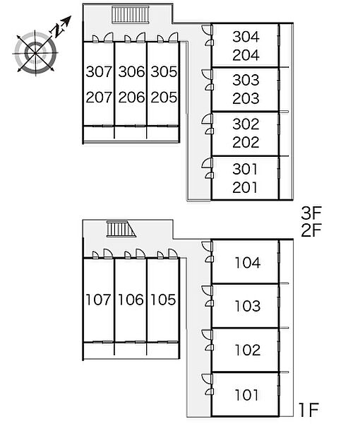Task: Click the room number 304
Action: pos(246,37)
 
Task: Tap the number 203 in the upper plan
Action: pos(246,98)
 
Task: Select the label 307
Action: pos(99,71)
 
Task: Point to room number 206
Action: pos(131,98)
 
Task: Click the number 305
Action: pos(164,71)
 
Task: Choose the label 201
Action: pos(245,187)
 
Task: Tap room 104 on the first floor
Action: pos(248,263)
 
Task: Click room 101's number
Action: pos(246,395)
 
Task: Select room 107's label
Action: pos(98,300)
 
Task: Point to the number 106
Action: pos(131,300)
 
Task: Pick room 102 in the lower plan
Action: pos(248,351)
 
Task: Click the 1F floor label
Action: pos(309,410)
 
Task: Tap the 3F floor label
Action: pos(311,213)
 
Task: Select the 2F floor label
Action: pos(311,230)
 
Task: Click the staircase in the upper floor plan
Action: pos(131,15)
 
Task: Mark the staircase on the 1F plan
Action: pos(121,229)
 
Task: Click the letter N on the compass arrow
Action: pos(57,30)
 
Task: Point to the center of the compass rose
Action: pos(35,53)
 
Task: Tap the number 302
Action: pos(246,124)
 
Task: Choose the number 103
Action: pos(248,306)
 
